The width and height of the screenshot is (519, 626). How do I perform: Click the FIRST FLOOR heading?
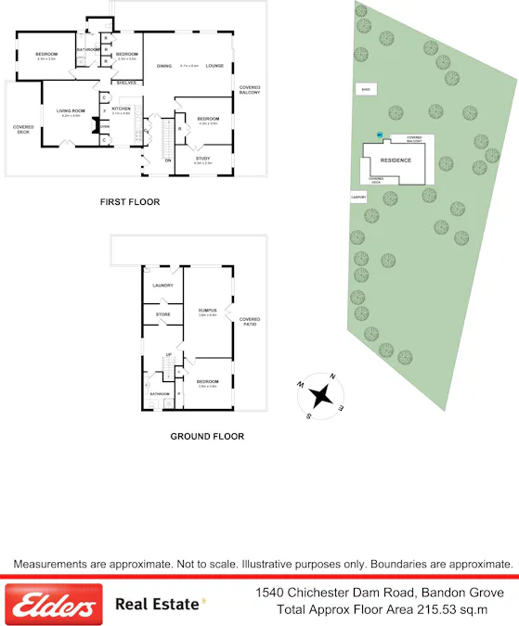130,201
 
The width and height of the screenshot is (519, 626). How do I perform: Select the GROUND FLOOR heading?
207,436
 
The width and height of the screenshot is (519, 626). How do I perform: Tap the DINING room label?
164,66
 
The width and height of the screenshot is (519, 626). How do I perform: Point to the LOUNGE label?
215,66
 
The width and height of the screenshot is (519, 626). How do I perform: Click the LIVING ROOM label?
71,111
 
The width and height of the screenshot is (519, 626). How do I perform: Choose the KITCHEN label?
122,109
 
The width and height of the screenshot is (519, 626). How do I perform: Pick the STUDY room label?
202,159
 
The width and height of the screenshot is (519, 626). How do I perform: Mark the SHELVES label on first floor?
126,83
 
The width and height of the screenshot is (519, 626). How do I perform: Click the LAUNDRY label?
163,285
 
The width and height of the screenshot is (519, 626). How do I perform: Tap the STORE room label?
162,314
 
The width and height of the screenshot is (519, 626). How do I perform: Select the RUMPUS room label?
206,310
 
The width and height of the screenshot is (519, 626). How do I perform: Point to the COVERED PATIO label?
249,321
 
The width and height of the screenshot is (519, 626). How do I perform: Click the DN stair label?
168,160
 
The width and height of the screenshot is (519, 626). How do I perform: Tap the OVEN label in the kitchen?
105,127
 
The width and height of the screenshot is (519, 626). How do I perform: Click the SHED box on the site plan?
366,89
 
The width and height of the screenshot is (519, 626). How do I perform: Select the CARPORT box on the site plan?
358,198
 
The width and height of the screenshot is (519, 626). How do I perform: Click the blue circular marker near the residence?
380,135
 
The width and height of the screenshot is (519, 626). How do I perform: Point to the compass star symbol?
321,395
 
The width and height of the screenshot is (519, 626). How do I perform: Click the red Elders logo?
53,605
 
